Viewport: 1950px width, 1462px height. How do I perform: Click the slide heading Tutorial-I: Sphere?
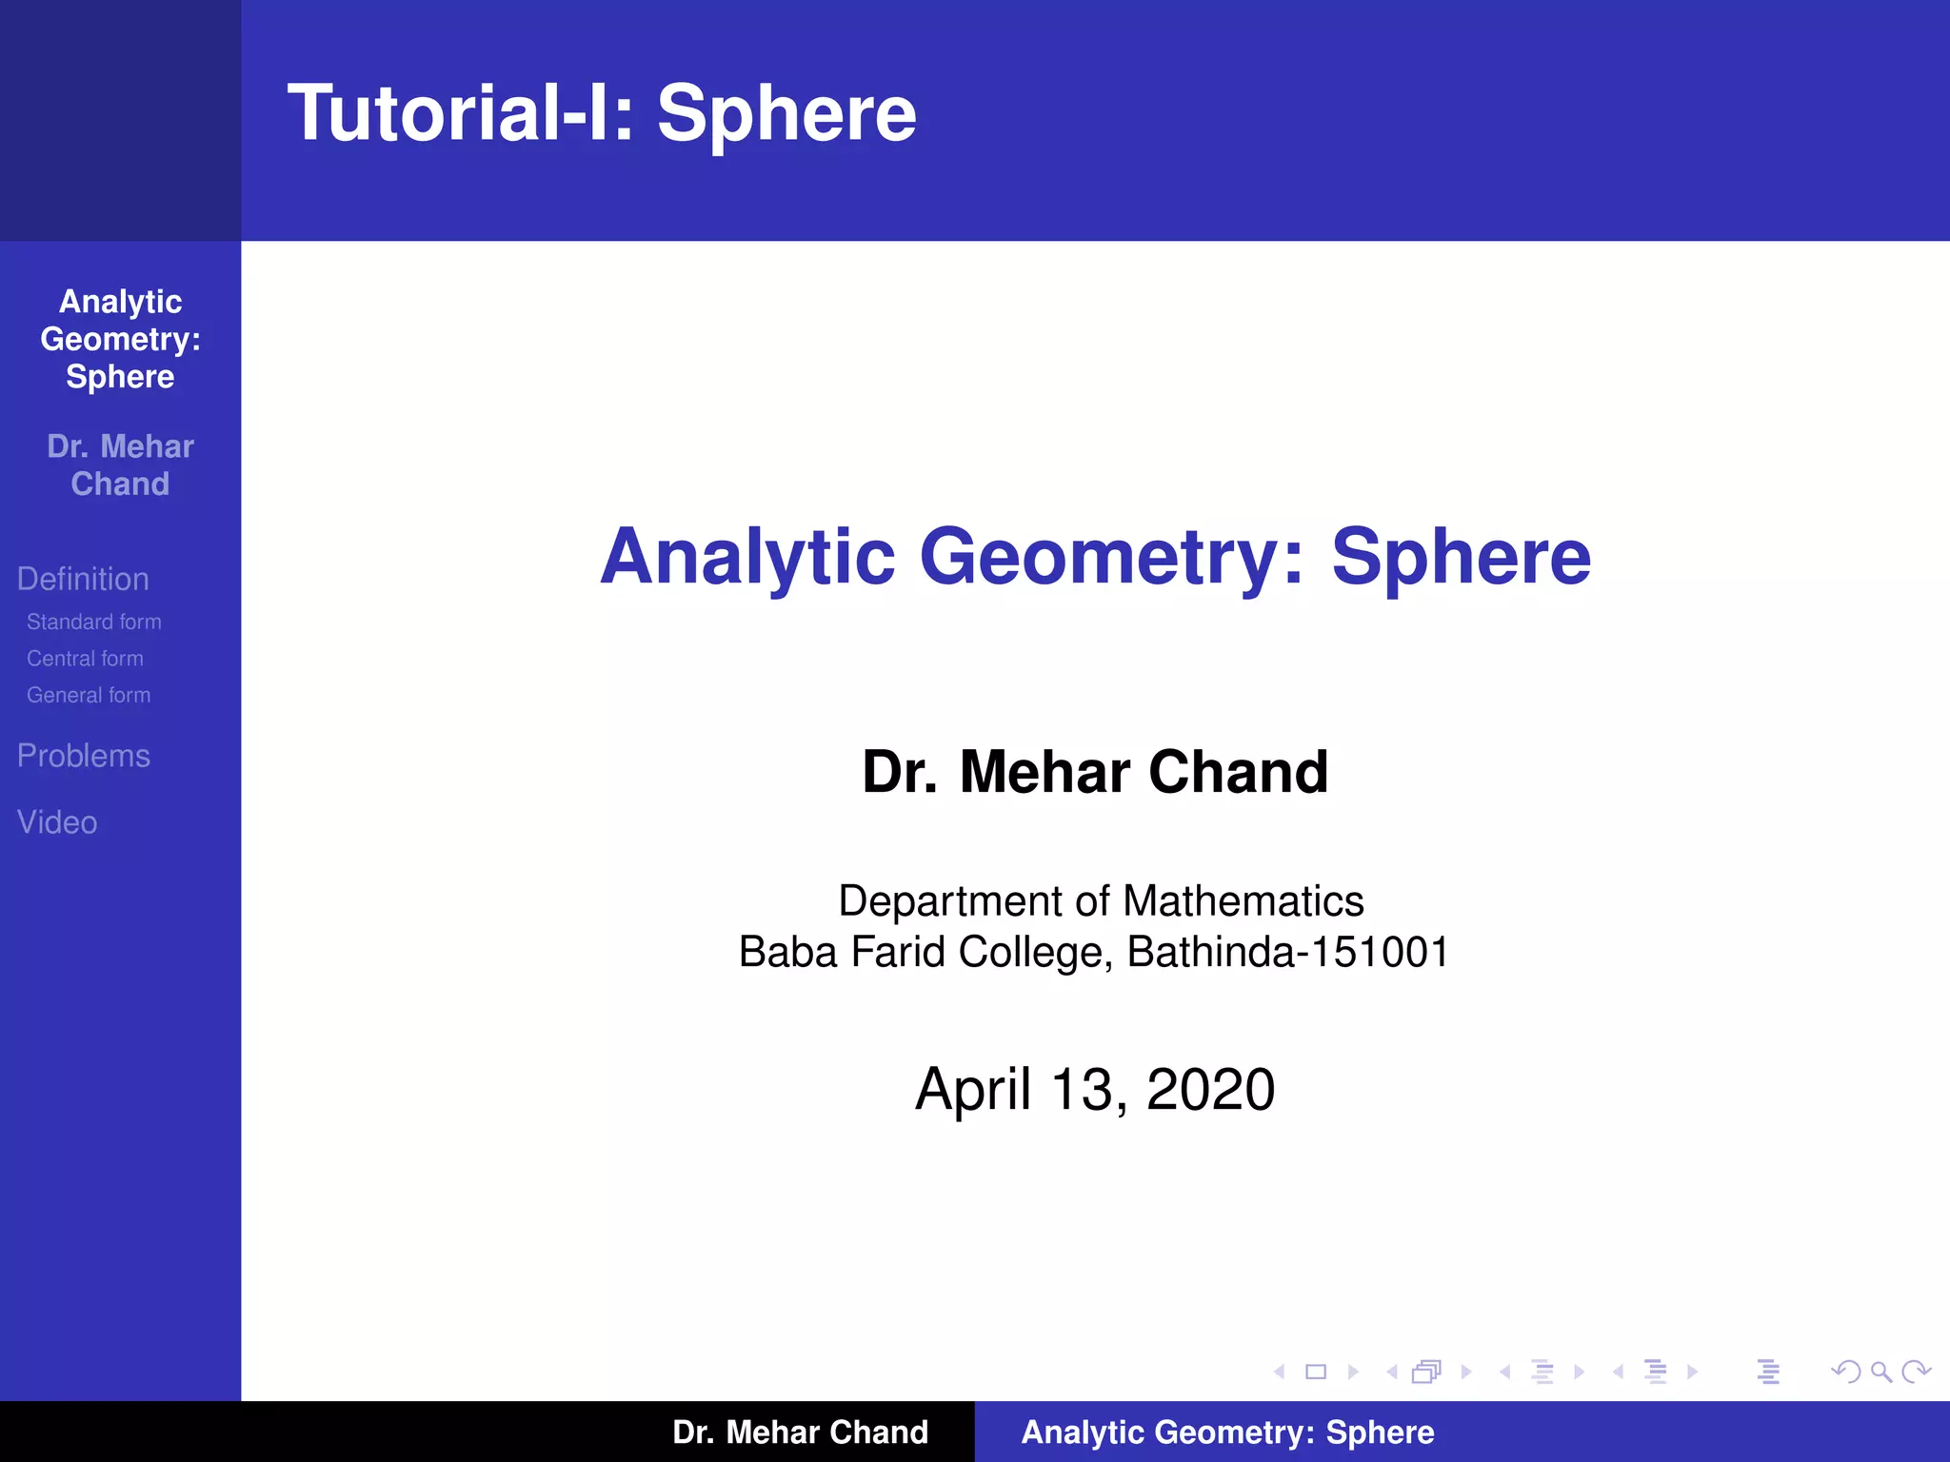pos(602,113)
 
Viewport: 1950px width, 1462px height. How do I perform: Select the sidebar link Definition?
pos(83,579)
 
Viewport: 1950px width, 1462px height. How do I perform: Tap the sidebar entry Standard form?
pos(93,622)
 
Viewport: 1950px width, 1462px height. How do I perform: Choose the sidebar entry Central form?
pos(85,659)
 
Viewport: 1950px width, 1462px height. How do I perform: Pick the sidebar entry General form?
pos(89,696)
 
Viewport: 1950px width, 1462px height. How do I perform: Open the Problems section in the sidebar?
pos(84,756)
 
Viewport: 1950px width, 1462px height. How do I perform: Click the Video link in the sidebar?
pos(57,822)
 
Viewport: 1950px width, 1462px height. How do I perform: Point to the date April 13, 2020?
pos(1095,1089)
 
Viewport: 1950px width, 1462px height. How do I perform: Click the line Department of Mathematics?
pos(1101,900)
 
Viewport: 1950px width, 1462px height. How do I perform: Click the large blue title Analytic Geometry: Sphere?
pos(1095,557)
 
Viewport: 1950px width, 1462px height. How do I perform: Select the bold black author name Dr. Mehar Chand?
pos(1095,772)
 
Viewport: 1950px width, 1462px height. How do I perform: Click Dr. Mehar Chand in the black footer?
pos(800,1432)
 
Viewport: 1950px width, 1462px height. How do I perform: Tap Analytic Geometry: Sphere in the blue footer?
pos(1227,1432)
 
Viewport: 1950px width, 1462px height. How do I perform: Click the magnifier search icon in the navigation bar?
pos(1880,1372)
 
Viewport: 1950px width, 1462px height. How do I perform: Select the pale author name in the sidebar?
pos(121,465)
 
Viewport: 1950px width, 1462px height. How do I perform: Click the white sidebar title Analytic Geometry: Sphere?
pos(121,339)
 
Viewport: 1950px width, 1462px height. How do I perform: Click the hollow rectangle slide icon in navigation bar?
pos(1316,1372)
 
